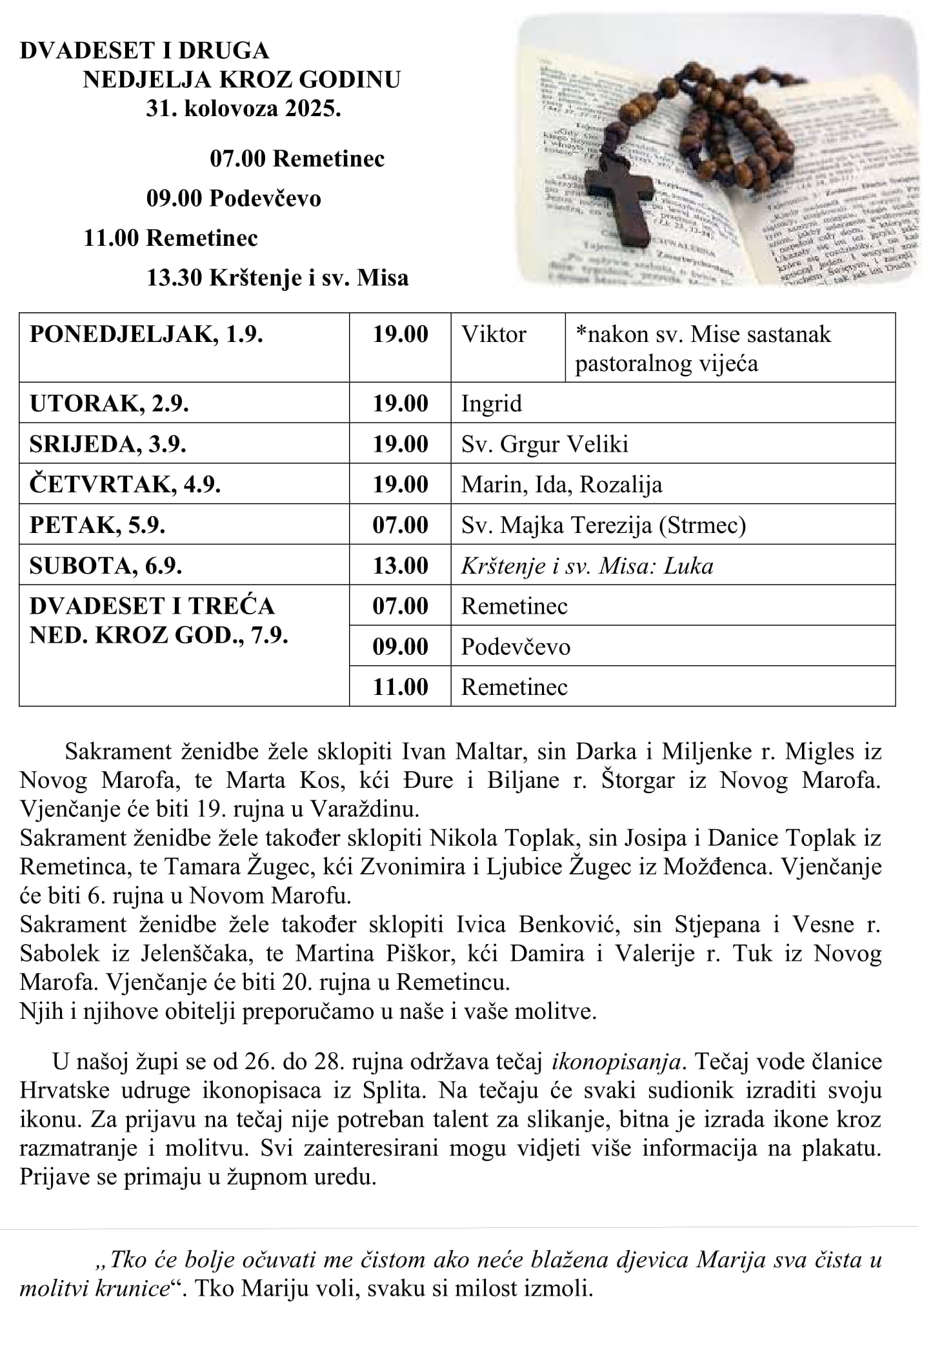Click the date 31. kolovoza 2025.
tap(243, 108)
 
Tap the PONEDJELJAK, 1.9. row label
tap(146, 334)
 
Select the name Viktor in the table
tap(494, 334)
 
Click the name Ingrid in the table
tap(491, 404)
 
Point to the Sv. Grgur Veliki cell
tap(545, 444)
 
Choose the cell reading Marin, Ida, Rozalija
tap(561, 485)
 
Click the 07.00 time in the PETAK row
tap(400, 525)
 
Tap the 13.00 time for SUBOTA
tap(400, 566)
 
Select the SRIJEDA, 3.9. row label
tap(108, 444)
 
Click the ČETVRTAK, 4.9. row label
tap(125, 485)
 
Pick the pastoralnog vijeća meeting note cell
tap(703, 348)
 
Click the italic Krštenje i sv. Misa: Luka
tap(587, 566)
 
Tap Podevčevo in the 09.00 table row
tap(516, 647)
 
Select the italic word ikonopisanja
tap(616, 1061)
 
